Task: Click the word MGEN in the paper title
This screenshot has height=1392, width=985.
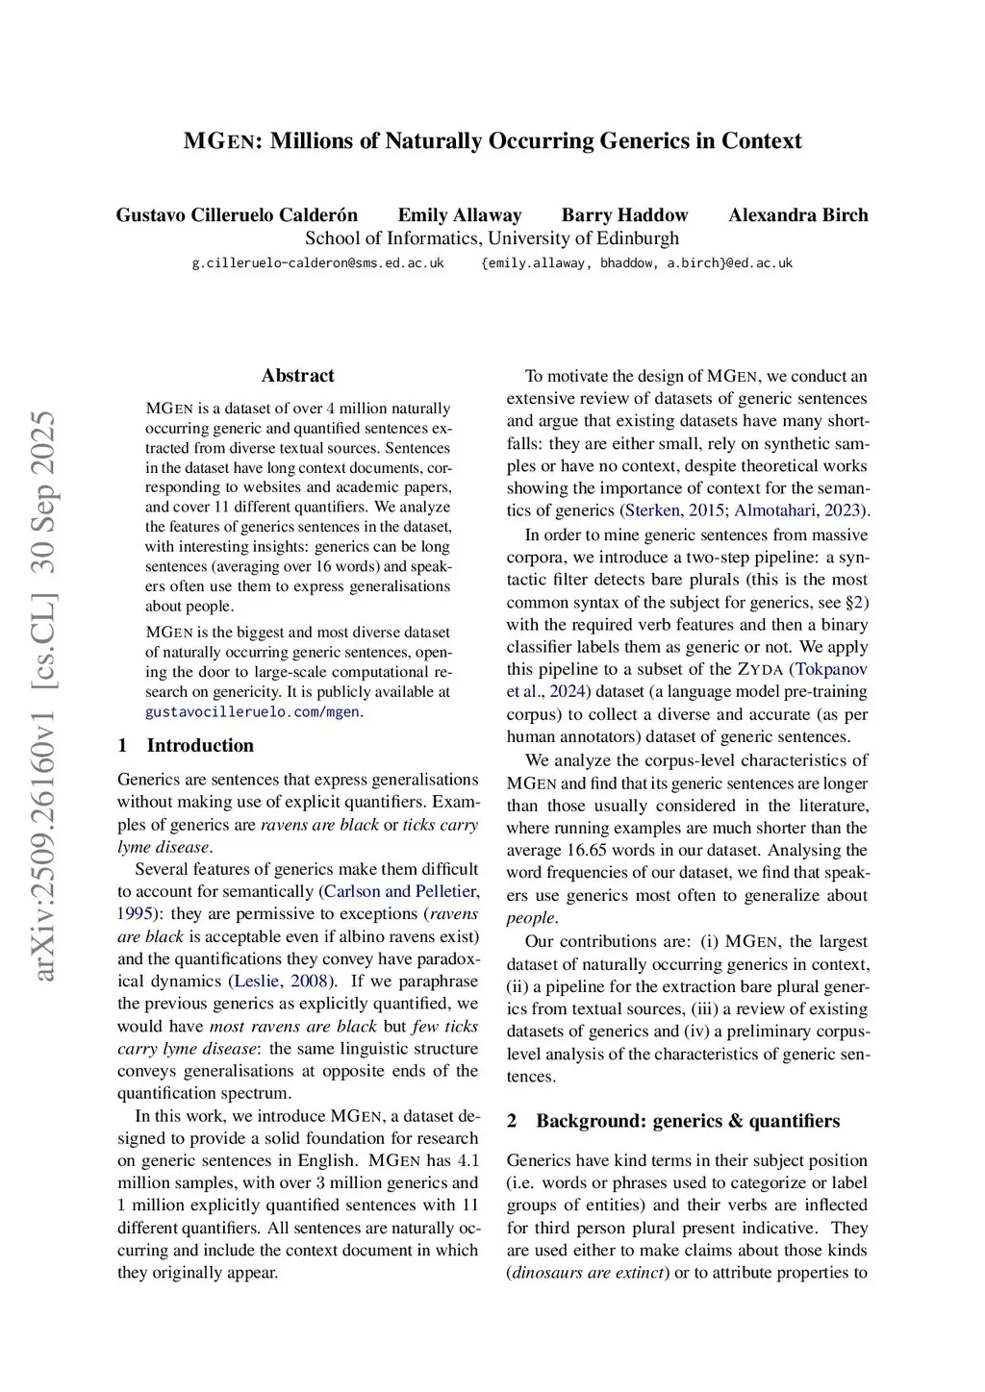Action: tap(218, 141)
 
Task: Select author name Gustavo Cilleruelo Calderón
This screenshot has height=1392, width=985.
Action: tap(237, 215)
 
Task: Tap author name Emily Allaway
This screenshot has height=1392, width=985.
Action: tap(460, 215)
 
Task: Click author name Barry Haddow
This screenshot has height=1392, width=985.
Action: tap(624, 215)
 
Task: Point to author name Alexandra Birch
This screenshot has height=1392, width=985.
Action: tap(797, 215)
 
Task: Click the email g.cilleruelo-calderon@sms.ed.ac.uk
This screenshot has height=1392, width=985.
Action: tap(317, 262)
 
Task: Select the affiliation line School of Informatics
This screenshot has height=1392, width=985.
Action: tap(492, 238)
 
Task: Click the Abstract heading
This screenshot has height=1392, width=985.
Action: tap(297, 376)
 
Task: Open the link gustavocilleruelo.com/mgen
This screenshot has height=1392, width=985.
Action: tap(252, 712)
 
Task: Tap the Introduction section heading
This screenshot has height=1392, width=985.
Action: tap(200, 746)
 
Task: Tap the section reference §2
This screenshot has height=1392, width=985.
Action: tap(854, 602)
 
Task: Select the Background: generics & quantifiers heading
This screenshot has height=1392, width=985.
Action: tap(687, 1121)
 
